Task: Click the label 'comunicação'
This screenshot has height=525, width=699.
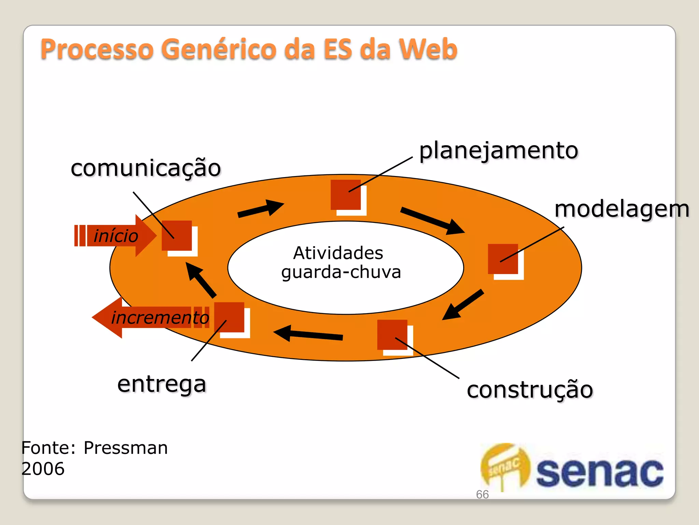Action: point(146,168)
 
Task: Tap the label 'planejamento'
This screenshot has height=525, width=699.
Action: point(498,150)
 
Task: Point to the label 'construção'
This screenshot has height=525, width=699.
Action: point(530,390)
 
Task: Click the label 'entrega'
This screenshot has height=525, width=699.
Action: point(162,384)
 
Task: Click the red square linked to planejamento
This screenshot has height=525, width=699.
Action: point(346,195)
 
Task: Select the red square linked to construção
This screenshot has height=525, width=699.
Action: point(392,335)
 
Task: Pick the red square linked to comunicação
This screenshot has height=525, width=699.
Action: point(177,235)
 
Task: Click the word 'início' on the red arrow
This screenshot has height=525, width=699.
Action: point(116,236)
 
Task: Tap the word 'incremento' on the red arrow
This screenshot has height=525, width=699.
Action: point(160,318)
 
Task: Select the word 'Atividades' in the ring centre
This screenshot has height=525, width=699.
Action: point(338,253)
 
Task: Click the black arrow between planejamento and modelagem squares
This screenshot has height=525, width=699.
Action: point(432,221)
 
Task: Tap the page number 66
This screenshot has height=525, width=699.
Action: point(482,494)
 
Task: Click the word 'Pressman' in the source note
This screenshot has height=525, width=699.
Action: point(126,448)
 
